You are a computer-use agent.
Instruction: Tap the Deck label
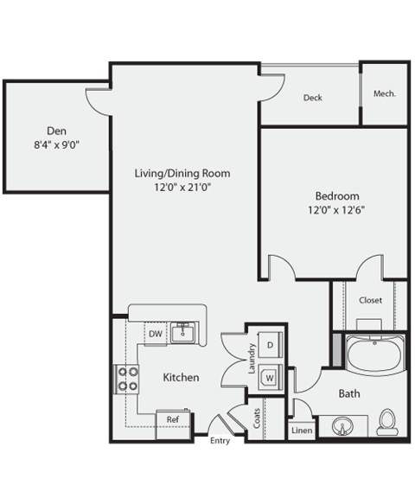(312, 98)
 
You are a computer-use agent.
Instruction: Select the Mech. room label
(385, 93)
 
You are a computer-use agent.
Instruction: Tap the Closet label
(371, 300)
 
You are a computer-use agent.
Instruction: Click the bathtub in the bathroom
(375, 354)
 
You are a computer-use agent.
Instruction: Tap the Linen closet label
(302, 430)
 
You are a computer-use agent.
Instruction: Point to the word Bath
(349, 393)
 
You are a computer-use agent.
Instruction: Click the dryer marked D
(270, 345)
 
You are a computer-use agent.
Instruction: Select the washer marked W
(270, 377)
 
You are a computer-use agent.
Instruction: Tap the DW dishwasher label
(155, 333)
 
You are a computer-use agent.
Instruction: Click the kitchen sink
(182, 332)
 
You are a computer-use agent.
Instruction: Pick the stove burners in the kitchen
(128, 379)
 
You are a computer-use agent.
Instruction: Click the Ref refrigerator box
(172, 420)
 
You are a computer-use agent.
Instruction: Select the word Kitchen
(182, 378)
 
